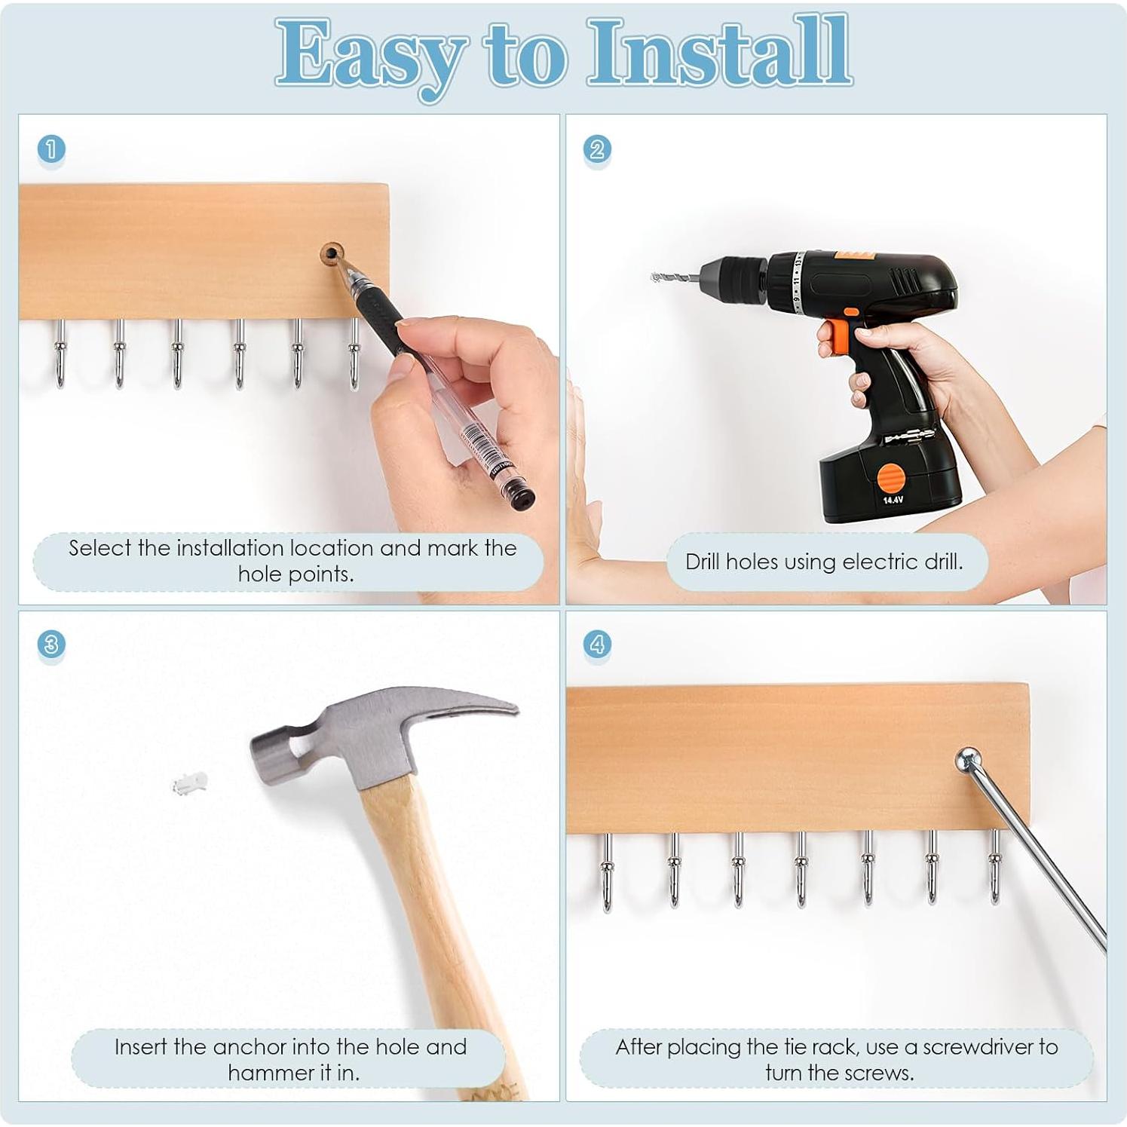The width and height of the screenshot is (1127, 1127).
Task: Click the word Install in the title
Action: pyautogui.click(x=720, y=51)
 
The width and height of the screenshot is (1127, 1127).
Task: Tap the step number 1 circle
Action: pyautogui.click(x=51, y=149)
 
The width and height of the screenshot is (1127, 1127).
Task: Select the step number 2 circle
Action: pyautogui.click(x=597, y=149)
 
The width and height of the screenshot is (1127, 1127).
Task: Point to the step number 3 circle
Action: pyautogui.click(x=51, y=645)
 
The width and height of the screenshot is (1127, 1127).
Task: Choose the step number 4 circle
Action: pyautogui.click(x=597, y=645)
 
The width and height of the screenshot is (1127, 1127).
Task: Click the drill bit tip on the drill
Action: pyautogui.click(x=654, y=277)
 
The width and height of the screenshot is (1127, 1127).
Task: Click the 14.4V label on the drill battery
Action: pyautogui.click(x=893, y=500)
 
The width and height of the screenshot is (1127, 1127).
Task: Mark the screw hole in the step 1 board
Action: pyautogui.click(x=330, y=253)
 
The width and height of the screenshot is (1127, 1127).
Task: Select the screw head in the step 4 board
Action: pyautogui.click(x=968, y=758)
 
